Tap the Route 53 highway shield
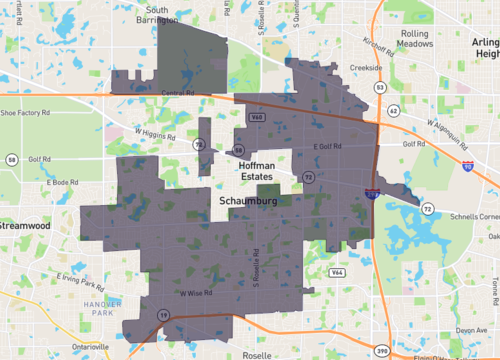tap(380, 88)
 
